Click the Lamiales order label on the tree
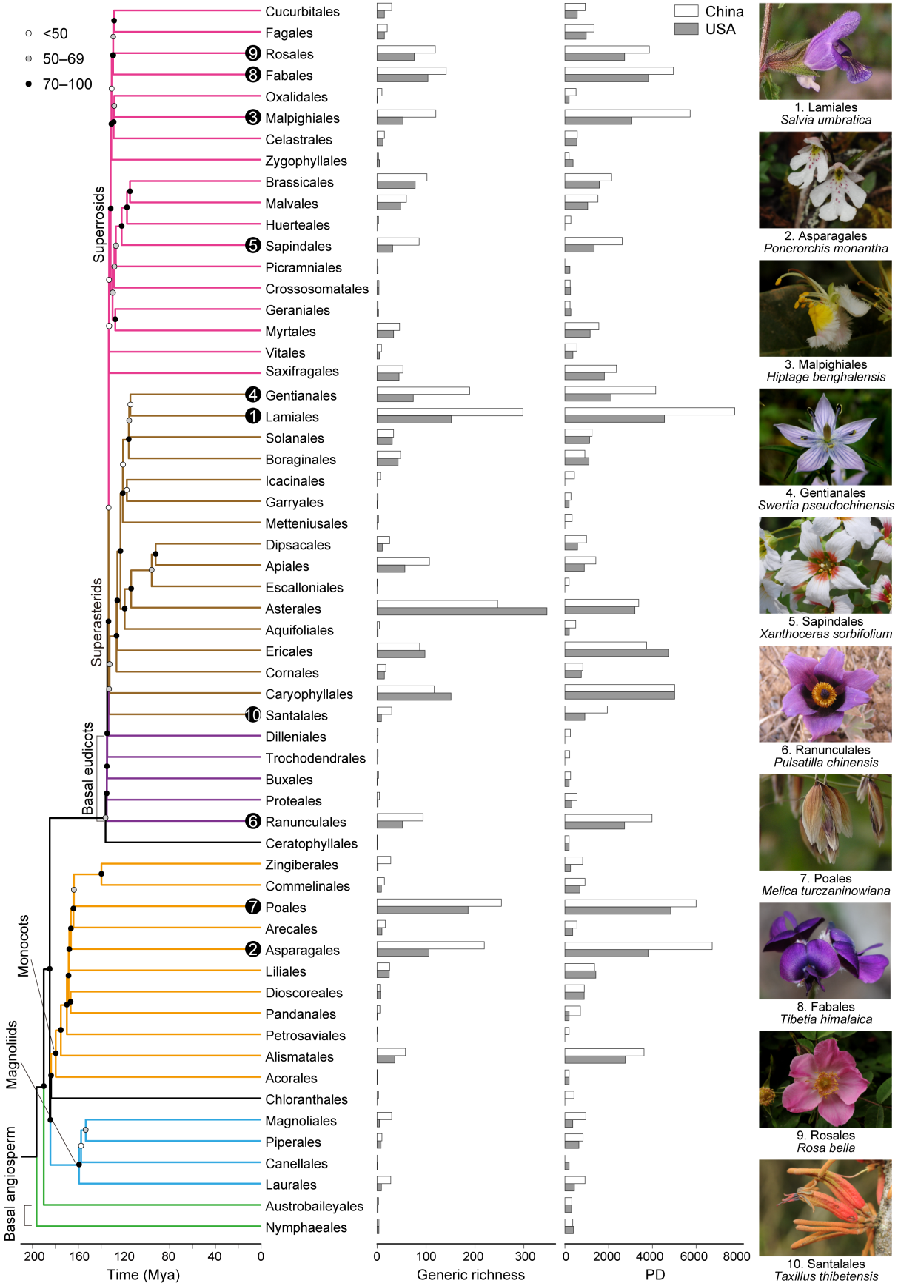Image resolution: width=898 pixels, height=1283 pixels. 292,417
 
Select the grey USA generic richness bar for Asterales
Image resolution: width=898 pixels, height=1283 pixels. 461,612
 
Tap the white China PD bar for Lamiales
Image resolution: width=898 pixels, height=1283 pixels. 649,412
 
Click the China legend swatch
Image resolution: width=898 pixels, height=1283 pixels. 686,11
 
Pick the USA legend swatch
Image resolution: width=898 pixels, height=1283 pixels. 686,29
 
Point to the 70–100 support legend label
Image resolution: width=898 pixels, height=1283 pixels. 67,84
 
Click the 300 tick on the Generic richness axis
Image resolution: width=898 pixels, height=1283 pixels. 525,1256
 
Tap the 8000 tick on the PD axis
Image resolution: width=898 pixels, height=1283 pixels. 734,1256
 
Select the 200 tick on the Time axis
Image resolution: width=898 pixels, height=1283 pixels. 33,1256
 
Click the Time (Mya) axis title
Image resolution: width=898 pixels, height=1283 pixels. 143,1274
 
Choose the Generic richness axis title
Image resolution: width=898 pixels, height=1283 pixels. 470,1274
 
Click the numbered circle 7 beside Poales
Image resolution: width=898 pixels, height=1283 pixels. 253,907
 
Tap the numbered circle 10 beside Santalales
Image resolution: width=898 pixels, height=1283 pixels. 253,715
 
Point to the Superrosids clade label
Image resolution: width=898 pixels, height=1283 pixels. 99,224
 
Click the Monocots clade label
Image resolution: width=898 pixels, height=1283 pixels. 24,946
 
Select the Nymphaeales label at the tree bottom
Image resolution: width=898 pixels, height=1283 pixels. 306,1227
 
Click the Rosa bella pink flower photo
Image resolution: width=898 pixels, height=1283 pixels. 825,1079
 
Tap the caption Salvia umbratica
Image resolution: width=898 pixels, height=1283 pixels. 825,120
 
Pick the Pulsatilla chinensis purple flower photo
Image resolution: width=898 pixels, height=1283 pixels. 825,694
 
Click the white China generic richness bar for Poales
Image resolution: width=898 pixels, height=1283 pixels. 438,902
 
